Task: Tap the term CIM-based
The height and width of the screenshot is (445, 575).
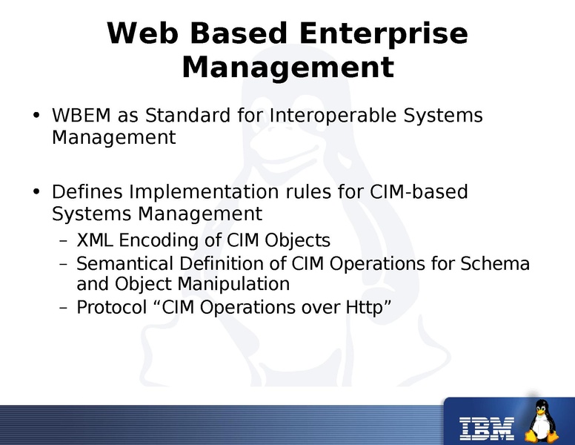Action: point(418,192)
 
